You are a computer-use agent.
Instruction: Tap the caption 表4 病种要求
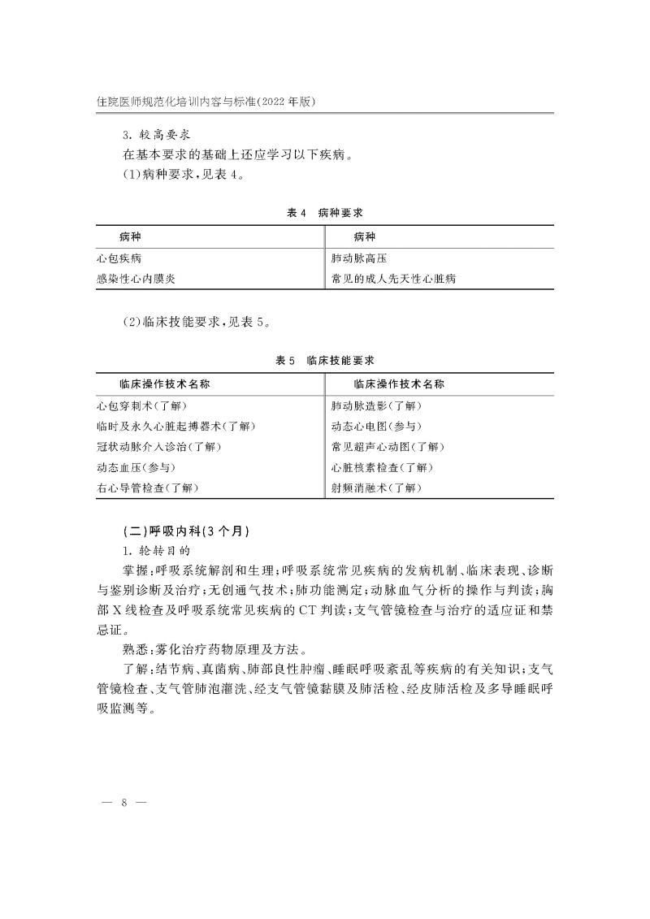pyautogui.click(x=325, y=212)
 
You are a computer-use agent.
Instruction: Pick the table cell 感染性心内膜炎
pyautogui.click(x=136, y=279)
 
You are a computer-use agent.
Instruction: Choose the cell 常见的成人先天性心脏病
pyautogui.click(x=394, y=279)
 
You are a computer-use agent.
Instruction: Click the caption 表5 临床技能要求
pyautogui.click(x=325, y=360)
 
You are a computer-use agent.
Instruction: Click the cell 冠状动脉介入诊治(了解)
pyautogui.click(x=158, y=447)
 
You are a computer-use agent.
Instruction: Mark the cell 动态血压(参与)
pyautogui.click(x=136, y=467)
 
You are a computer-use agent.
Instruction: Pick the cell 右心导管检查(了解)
pyautogui.click(x=147, y=488)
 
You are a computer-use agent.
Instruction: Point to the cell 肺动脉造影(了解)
pyautogui.click(x=377, y=405)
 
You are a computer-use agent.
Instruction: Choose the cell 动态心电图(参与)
pyautogui.click(x=377, y=427)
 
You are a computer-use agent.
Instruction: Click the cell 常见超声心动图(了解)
pyautogui.click(x=388, y=447)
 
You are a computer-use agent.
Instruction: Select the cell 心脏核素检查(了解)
pyautogui.click(x=383, y=467)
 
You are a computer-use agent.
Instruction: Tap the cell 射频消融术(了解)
pyautogui.click(x=377, y=488)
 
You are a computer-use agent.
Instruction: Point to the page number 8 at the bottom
pyautogui.click(x=124, y=803)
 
